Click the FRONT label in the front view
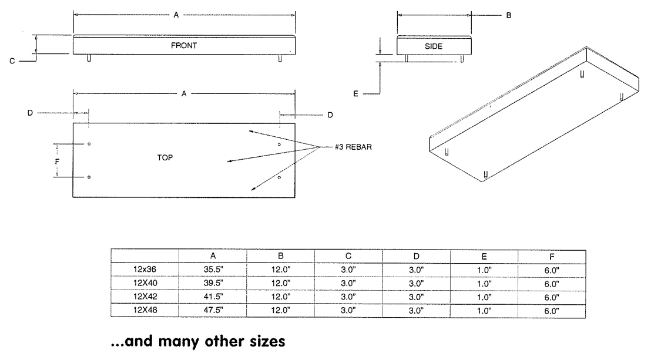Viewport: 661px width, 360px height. pos(184,45)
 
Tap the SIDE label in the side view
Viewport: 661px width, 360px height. pos(434,45)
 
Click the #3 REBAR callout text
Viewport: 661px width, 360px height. pos(353,146)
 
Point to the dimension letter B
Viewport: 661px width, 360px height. pos(509,16)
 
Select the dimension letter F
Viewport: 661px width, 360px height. pos(58,160)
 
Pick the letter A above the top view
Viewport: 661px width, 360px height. pos(184,93)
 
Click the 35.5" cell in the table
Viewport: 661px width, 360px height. pos(213,270)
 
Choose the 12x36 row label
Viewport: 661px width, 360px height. pos(145,270)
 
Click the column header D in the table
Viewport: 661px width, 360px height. pos(416,256)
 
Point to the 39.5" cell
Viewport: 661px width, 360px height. pos(213,283)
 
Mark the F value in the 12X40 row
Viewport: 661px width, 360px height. pos(552,283)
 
